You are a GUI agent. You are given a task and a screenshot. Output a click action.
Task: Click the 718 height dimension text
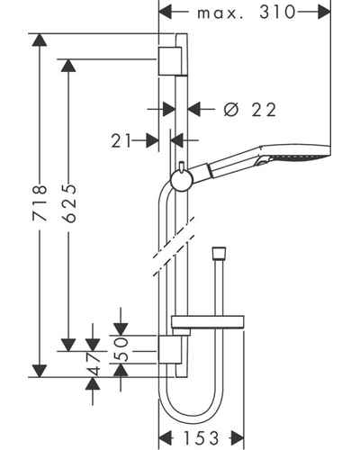(x=40, y=203)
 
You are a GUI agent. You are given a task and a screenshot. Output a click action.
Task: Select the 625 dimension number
(x=70, y=203)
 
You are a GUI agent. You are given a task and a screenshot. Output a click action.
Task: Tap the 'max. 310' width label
(x=247, y=13)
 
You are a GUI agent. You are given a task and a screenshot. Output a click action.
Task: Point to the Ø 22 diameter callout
(x=249, y=110)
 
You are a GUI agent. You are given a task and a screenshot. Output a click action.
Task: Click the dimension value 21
(x=121, y=140)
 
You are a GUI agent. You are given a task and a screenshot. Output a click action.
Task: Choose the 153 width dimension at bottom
(x=202, y=438)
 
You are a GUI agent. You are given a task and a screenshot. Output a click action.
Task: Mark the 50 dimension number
(x=121, y=348)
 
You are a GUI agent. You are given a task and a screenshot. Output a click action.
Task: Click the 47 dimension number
(x=94, y=364)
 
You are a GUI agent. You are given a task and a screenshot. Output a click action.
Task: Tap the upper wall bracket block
(x=169, y=61)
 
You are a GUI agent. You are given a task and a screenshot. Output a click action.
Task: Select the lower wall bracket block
(x=169, y=349)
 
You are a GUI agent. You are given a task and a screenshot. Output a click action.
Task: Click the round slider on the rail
(x=181, y=181)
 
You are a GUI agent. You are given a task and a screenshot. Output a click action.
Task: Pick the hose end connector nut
(x=219, y=253)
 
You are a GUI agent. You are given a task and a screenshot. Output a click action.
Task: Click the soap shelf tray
(x=207, y=321)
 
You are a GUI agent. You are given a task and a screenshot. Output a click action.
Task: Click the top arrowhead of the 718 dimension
(x=40, y=40)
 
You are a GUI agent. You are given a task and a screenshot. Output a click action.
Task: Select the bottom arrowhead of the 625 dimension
(x=68, y=345)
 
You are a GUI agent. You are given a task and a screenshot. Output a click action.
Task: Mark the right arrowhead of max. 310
(x=324, y=13)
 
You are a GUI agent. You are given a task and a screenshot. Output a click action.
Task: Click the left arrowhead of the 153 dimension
(x=165, y=438)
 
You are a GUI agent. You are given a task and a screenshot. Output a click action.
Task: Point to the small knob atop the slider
(x=181, y=167)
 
